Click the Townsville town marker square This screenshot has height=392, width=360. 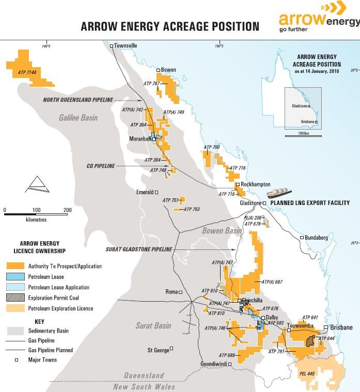[112, 46]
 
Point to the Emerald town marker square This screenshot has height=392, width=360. [156, 192]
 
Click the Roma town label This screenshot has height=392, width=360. [171, 292]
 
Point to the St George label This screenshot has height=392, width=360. [159, 350]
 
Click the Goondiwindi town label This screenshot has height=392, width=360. [214, 365]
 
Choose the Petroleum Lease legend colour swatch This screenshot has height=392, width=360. [15, 277]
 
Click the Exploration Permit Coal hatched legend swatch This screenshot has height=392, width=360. [15, 298]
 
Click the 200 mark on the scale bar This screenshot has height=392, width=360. [68, 210]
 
